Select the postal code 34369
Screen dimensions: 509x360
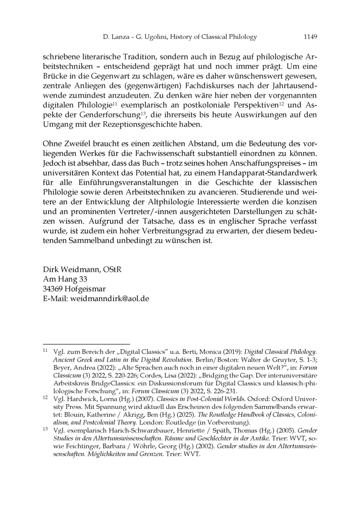click(x=54, y=288)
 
